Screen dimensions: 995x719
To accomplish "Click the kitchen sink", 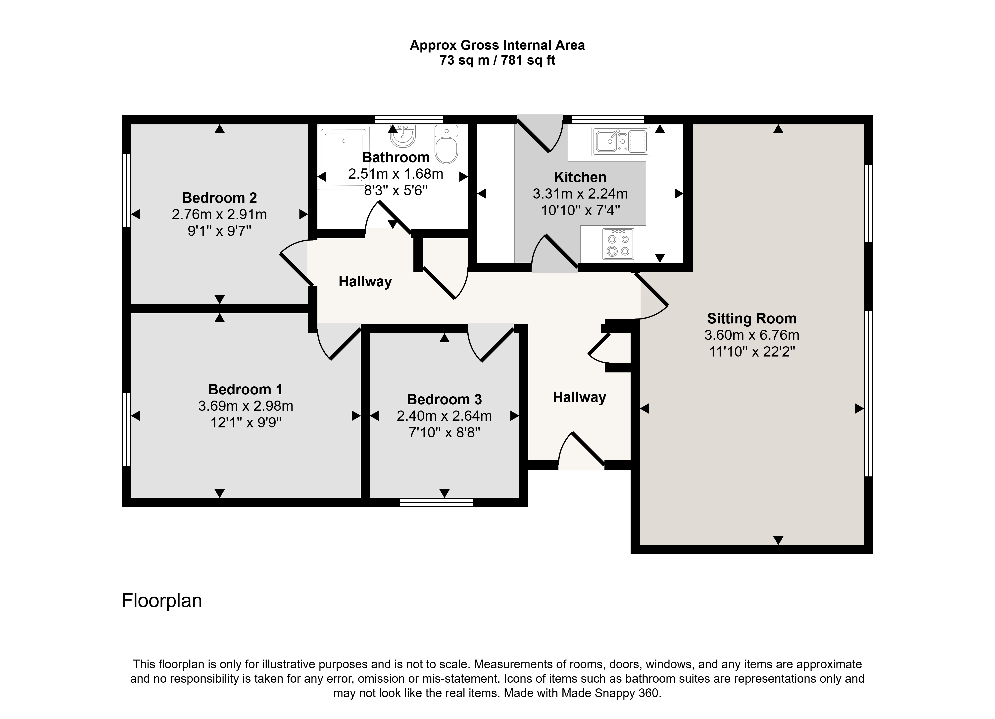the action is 620,141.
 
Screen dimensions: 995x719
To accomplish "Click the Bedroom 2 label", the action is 219,198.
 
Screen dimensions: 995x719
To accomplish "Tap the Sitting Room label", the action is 751,318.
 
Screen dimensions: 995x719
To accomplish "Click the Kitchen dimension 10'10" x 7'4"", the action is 580,210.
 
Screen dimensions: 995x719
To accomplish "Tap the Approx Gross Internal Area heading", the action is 497,46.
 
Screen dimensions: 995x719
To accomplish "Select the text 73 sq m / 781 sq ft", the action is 497,60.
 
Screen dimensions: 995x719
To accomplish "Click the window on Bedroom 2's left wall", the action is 126,190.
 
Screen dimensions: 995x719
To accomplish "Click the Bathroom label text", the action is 396,157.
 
